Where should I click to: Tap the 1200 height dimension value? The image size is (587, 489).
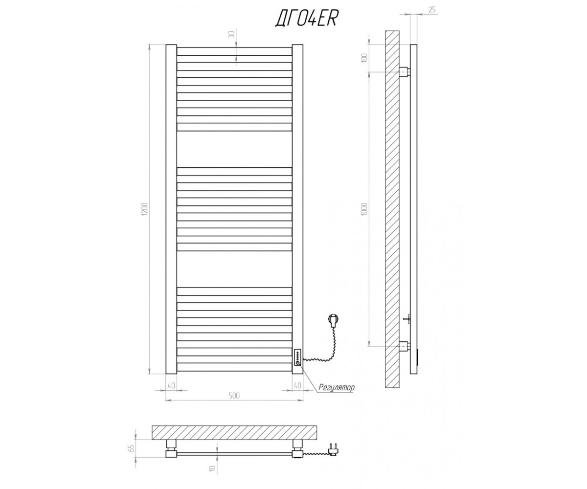(x=145, y=209)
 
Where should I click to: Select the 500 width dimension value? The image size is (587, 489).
(x=234, y=396)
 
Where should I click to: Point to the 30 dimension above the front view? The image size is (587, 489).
(x=231, y=34)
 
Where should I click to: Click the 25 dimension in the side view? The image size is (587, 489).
(x=432, y=10)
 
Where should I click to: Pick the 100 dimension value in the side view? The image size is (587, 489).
(x=364, y=58)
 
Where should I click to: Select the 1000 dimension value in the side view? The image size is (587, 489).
(x=364, y=209)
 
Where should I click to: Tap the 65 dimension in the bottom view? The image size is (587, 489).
(x=133, y=447)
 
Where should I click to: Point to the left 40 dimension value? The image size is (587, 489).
(x=171, y=386)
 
